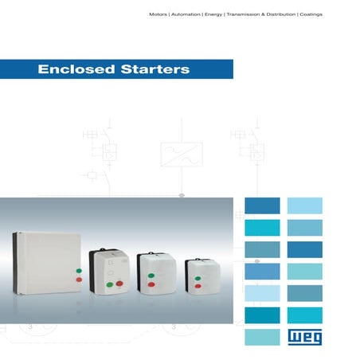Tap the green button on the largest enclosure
pyautogui.click(x=79, y=271)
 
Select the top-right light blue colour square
pyautogui.click(x=305, y=205)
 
